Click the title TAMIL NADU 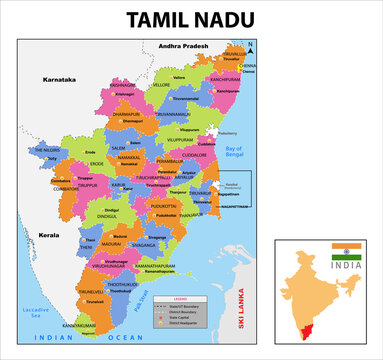pyautogui.click(x=191, y=18)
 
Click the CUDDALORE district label pyautogui.click(x=194, y=155)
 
